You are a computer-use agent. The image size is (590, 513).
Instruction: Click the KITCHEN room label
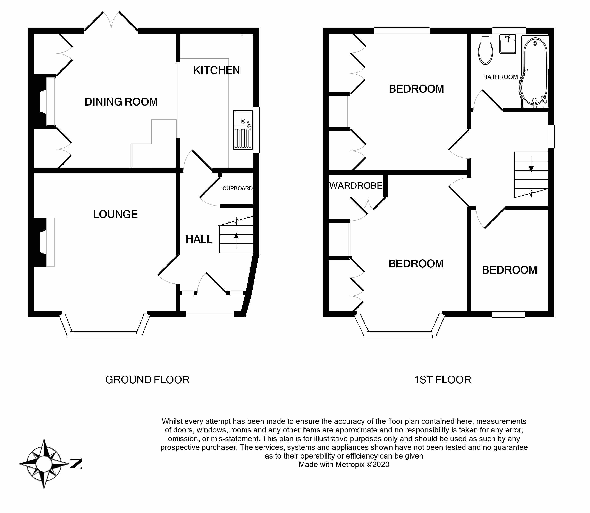coord(216,70)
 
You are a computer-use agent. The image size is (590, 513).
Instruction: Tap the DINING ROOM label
coord(121,102)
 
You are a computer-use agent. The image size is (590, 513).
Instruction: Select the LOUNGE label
coord(115,214)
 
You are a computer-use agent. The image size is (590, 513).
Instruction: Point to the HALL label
coord(199,239)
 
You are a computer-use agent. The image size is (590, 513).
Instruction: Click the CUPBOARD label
coord(237,188)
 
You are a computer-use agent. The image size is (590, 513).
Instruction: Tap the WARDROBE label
coord(356,185)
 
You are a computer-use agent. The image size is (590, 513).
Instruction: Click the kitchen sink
coord(243,130)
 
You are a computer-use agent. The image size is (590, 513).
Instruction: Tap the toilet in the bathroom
coord(485,50)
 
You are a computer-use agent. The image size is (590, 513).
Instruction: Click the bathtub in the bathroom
coord(535,72)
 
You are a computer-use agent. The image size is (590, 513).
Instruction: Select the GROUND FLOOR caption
coord(147,380)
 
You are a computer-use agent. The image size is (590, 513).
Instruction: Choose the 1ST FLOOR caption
coord(442,380)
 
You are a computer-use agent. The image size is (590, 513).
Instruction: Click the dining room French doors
coord(111,23)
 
